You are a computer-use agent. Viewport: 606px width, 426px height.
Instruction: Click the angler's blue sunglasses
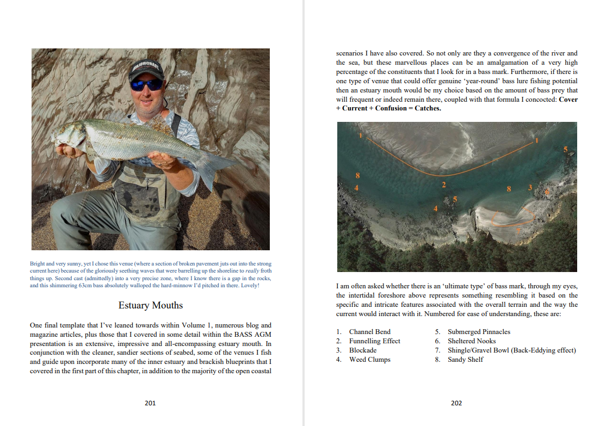click(146, 85)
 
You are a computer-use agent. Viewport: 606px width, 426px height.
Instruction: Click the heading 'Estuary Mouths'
click(151, 305)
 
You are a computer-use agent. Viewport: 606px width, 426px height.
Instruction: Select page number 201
click(150, 403)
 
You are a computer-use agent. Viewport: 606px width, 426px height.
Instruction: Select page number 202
click(456, 403)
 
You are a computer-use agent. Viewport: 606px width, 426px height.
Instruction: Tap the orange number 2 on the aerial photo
click(444, 185)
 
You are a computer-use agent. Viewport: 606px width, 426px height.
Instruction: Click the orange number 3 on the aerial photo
click(530, 188)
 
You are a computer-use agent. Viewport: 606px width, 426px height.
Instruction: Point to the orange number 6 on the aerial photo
click(547, 192)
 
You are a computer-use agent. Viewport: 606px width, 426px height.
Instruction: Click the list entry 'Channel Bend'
click(369, 332)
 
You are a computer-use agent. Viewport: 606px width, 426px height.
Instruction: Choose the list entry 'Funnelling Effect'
click(374, 341)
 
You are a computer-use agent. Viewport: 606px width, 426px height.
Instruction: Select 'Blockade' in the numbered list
click(362, 350)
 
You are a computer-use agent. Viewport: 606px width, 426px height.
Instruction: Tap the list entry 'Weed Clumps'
click(369, 360)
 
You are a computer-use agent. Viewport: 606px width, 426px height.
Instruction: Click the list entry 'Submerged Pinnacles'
click(479, 332)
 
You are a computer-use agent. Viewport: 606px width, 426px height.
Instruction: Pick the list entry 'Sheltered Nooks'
click(472, 341)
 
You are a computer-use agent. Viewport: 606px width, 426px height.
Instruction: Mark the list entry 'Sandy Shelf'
click(465, 360)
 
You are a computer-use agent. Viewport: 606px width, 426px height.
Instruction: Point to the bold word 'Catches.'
click(428, 108)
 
